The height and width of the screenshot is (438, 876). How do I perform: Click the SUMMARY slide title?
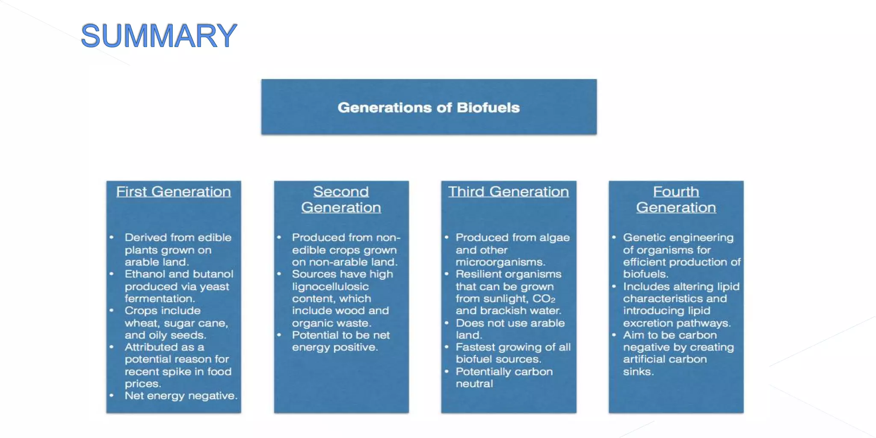159,36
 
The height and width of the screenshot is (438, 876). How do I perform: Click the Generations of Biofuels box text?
429,107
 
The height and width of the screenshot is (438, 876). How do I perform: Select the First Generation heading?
173,192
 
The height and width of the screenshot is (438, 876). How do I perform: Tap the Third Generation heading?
508,192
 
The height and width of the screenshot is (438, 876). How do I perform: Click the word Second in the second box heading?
341,192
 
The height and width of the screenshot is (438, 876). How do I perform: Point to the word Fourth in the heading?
676,192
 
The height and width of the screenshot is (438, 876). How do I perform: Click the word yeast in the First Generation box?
214,287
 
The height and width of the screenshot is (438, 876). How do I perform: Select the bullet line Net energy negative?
181,396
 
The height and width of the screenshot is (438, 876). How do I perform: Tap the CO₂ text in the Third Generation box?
544,299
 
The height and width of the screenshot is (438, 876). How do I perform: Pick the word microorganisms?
500,262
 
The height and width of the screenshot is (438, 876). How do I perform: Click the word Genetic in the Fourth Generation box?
641,237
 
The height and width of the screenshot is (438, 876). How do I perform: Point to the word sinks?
638,371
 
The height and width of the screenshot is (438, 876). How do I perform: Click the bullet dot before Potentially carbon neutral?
447,371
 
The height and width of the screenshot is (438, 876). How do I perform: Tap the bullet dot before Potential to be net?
279,335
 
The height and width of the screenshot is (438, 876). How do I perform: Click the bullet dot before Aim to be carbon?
614,335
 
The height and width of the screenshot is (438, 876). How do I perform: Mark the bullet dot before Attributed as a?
112,347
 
